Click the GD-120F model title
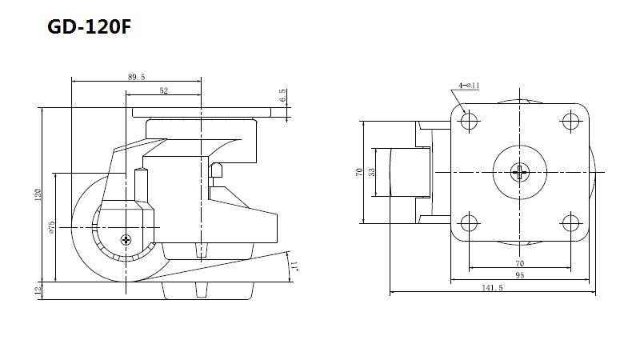90,27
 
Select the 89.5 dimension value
136,77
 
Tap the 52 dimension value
164,90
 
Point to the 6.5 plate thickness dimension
283,95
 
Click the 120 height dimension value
38,194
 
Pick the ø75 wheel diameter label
51,227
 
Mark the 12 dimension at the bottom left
38,290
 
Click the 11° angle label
295,266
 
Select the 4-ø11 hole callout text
469,86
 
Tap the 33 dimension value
372,172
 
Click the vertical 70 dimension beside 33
359,172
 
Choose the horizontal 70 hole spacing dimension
519,263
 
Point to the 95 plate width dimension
519,275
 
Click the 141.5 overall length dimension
492,288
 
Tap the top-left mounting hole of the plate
469,122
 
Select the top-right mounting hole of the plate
570,122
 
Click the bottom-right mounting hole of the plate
570,223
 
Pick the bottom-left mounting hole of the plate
469,223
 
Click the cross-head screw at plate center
519,172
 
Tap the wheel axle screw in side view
126,239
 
